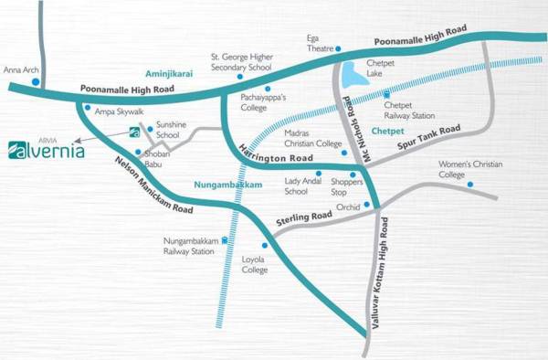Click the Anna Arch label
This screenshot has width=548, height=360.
19,69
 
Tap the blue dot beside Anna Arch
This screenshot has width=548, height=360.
35,81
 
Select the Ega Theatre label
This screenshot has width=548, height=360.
320,43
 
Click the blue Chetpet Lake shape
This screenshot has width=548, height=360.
355,73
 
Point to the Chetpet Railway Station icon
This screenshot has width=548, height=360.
387,95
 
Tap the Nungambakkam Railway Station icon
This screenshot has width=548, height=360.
225,240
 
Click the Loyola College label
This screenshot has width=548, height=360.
253,265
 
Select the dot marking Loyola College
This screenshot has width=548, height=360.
266,246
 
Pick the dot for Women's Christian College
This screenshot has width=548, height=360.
470,185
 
